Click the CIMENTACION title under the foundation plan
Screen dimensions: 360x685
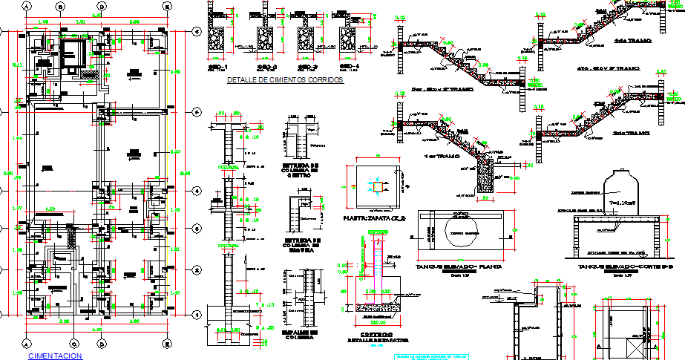tap(54, 356)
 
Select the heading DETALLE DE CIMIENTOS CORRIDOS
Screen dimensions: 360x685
tap(285, 80)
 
